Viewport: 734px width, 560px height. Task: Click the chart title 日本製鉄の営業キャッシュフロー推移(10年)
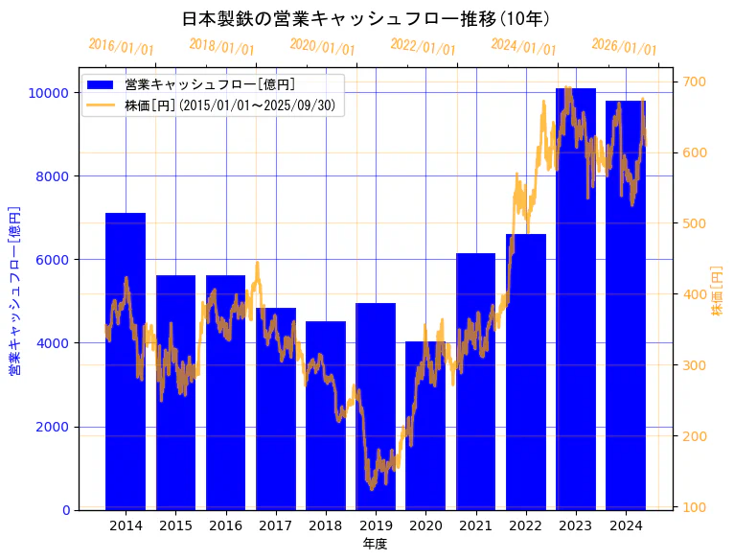coord(366,18)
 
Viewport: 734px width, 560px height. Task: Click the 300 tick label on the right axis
coord(695,365)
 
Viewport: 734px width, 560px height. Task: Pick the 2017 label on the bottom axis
coord(276,525)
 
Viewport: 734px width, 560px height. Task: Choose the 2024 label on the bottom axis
coord(626,525)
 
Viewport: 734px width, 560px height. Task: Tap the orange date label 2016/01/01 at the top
coord(121,46)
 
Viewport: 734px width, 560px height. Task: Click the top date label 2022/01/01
coord(423,46)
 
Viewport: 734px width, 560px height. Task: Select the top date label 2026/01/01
coord(624,46)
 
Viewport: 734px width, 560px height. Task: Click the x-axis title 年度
coord(375,544)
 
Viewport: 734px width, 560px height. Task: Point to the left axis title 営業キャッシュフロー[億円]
coord(14,290)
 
